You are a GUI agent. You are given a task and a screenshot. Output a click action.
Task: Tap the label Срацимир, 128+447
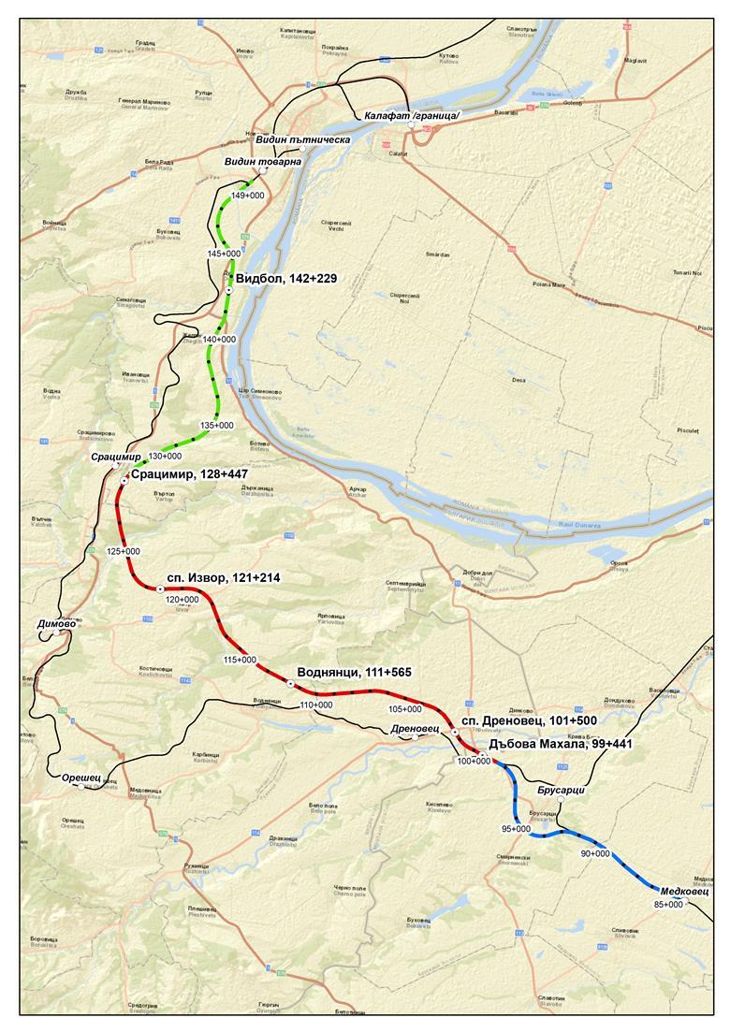coord(190,474)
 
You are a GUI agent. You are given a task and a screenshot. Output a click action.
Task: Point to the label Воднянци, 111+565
coord(354,672)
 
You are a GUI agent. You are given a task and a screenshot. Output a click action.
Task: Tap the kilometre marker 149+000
coord(248,195)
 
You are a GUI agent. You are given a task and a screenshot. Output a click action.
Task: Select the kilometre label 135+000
coord(217,425)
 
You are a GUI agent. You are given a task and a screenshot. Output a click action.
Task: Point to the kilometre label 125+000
coord(124,551)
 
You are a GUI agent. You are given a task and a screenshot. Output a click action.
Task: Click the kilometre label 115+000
coord(241,660)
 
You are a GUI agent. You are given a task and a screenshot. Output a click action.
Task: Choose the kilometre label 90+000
coord(595,853)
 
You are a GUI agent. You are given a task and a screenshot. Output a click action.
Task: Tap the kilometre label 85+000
coord(668,904)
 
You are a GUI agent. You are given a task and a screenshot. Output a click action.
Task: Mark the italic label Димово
coord(54,623)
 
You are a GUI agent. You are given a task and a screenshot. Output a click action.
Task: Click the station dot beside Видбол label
coord(228,291)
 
